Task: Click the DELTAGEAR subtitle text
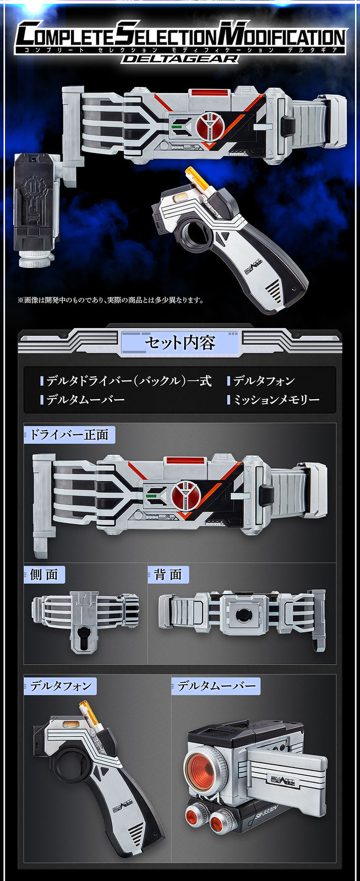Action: pos(179,58)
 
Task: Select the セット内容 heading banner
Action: pos(179,343)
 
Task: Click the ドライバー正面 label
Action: pos(69,435)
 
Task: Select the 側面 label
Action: pos(44,575)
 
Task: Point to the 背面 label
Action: pos(168,575)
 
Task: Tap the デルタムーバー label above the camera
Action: pos(216,686)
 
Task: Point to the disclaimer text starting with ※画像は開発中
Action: pos(111,300)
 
